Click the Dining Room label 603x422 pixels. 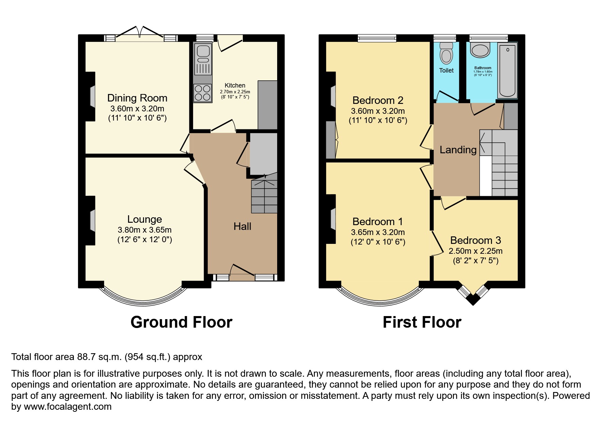pos(137,98)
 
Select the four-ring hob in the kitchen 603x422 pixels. pos(203,93)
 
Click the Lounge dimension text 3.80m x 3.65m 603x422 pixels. pos(144,230)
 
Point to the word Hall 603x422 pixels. pos(242,226)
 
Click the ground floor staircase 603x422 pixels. pos(264,196)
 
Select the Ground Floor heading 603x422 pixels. pos(181,322)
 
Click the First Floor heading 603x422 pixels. pos(422,322)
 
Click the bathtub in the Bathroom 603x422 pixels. pos(507,71)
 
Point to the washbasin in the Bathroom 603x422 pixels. pos(480,50)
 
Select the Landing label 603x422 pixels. pos(458,150)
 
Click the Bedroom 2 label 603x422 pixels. pos(378,100)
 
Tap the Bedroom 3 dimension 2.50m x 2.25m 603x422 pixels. pos(475,251)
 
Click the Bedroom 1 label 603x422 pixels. pos(378,222)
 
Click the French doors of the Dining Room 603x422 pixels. pos(140,36)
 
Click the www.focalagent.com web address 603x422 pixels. pos(67,407)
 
